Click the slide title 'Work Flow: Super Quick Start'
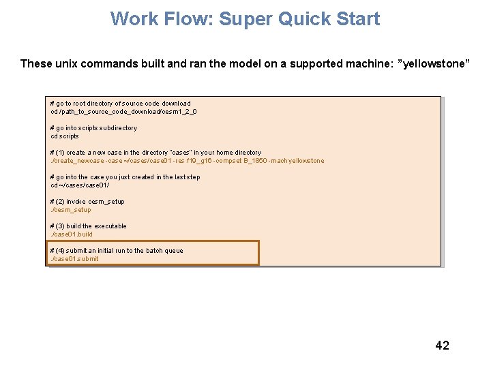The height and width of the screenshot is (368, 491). pyautogui.click(x=245, y=18)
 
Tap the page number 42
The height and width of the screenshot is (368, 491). pyautogui.click(x=442, y=346)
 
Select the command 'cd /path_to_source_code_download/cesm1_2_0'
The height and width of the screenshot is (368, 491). pyautogui.click(x=123, y=112)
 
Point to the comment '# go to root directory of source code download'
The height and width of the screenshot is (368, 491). pyautogui.click(x=121, y=104)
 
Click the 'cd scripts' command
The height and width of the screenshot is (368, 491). pyautogui.click(x=65, y=136)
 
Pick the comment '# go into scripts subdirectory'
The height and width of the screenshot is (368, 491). pyautogui.click(x=93, y=128)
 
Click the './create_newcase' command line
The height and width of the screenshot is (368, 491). pyautogui.click(x=187, y=161)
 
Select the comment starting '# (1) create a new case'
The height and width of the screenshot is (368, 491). pyautogui.click(x=155, y=153)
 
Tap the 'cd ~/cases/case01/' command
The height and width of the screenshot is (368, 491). pyautogui.click(x=80, y=185)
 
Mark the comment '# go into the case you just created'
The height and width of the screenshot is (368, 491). pyautogui.click(x=125, y=177)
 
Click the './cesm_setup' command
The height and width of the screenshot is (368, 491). pyautogui.click(x=70, y=210)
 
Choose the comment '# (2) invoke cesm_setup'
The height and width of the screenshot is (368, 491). pyautogui.click(x=87, y=202)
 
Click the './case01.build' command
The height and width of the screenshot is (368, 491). pyautogui.click(x=72, y=234)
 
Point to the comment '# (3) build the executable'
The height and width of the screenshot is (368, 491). pyautogui.click(x=88, y=226)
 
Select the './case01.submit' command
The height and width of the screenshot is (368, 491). pyautogui.click(x=74, y=259)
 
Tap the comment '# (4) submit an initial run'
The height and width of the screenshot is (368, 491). pyautogui.click(x=117, y=251)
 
